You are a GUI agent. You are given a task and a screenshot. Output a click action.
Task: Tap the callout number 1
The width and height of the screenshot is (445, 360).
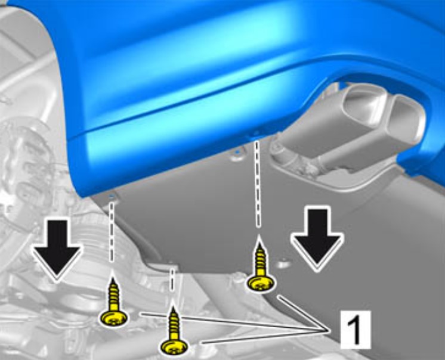[355, 330]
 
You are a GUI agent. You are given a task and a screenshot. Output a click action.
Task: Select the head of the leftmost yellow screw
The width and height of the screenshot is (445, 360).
[114, 318]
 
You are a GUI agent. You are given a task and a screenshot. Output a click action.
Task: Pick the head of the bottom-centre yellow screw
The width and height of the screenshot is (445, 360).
[174, 346]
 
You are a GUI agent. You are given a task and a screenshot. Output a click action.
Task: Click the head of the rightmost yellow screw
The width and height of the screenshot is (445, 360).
[261, 284]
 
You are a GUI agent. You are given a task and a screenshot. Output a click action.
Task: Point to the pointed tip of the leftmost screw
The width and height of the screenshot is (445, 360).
[113, 278]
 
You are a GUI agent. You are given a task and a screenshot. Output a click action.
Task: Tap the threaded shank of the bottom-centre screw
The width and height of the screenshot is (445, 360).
[174, 323]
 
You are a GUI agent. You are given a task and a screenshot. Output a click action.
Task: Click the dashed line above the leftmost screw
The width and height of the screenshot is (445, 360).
[112, 231]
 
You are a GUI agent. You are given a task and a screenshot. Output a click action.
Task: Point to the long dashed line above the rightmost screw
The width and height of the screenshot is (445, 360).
[258, 184]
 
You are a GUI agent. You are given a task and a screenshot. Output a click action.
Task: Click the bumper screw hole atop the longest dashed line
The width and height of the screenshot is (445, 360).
[257, 134]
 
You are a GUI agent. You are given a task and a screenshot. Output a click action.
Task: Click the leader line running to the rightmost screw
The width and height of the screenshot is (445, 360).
[304, 314]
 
